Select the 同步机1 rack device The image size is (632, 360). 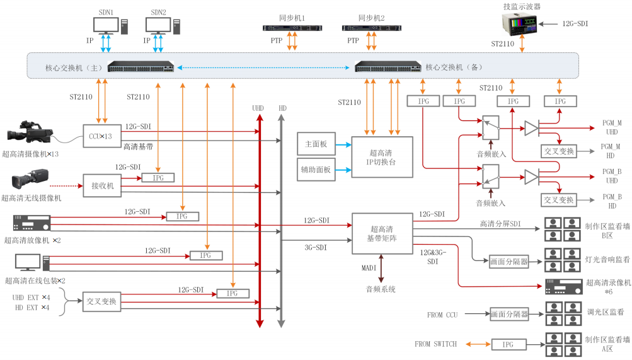(x=291, y=27)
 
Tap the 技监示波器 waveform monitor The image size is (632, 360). (x=523, y=25)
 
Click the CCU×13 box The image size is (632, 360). (x=101, y=136)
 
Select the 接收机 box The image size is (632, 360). (x=101, y=185)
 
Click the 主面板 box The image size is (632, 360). (x=316, y=144)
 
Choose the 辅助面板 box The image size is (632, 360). (x=316, y=169)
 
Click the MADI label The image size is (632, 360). (x=369, y=267)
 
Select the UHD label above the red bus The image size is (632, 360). (x=258, y=108)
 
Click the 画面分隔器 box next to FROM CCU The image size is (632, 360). (x=509, y=313)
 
